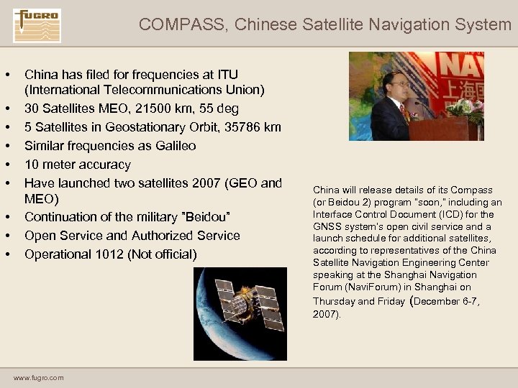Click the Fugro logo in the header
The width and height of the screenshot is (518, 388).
[x=37, y=26]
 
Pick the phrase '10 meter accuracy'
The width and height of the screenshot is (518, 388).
[x=78, y=165]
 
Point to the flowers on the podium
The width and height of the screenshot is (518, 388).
[x=464, y=109]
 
